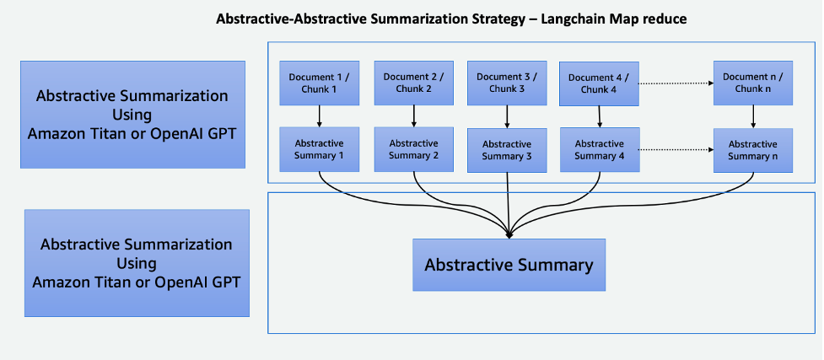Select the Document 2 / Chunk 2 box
[412, 83]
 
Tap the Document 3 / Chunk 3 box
[506, 83]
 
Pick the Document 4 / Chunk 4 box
[599, 83]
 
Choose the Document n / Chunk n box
[752, 83]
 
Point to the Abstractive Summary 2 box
[412, 149]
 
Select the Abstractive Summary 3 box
[506, 150]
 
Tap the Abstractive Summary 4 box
[599, 149]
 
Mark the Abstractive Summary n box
[752, 150]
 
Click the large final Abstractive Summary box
[509, 265]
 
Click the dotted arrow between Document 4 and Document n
[675, 83]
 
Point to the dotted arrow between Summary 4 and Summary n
[675, 149]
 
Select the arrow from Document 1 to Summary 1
[319, 116]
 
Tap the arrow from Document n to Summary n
[752, 116]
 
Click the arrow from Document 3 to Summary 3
[506, 116]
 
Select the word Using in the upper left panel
[132, 114]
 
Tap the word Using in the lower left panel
[137, 263]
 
